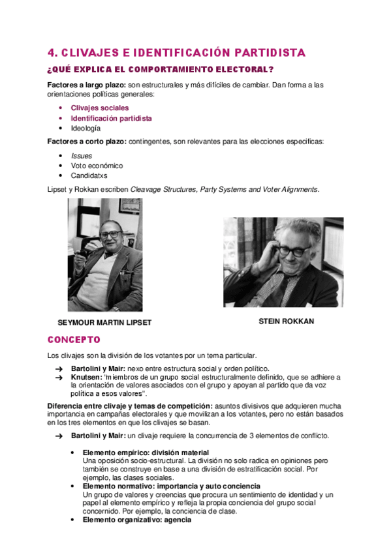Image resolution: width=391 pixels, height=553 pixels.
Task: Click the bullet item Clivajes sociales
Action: coord(100,108)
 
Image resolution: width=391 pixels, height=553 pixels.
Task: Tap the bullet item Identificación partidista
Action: coord(112,118)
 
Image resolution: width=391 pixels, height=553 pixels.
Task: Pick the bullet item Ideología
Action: coord(86,128)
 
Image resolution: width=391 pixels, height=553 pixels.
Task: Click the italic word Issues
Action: coord(82,156)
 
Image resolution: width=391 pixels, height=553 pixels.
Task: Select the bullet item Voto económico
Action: coord(97,166)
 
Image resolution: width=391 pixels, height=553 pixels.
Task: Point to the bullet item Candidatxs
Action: coord(89,175)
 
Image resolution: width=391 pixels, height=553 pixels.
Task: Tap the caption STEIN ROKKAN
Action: coord(286,321)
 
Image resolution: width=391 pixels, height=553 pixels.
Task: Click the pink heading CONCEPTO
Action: coord(74,340)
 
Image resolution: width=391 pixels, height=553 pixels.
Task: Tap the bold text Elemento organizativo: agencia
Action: coord(136,520)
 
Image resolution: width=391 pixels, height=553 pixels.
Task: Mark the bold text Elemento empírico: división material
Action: coord(146,453)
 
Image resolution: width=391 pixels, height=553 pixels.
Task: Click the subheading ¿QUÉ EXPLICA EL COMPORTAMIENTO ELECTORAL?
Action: coord(160,69)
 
